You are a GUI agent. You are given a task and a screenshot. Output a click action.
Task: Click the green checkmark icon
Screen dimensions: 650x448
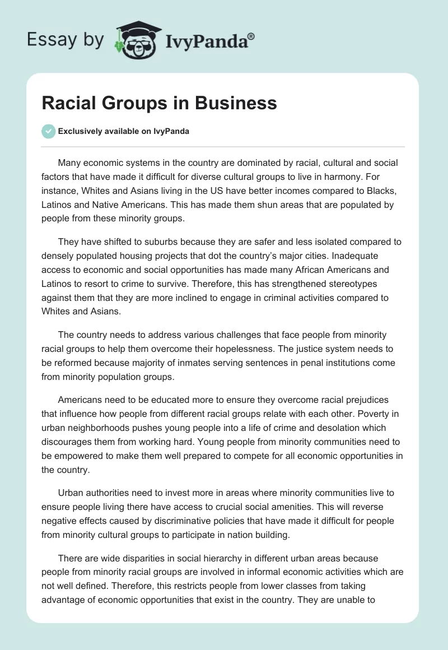tap(48, 131)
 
